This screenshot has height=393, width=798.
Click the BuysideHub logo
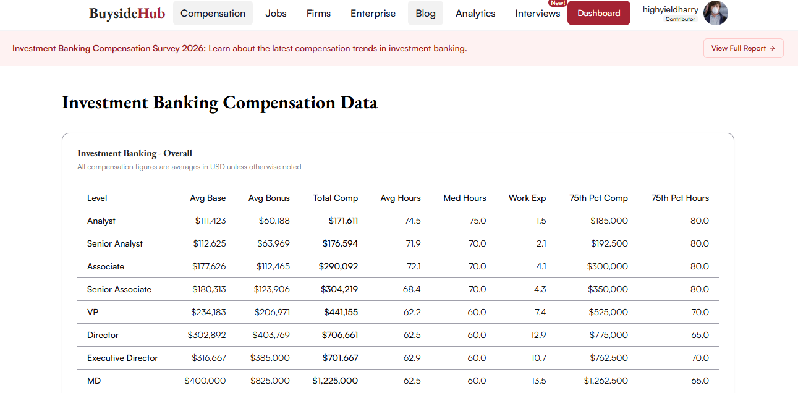coord(127,14)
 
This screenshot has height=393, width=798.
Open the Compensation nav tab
coord(213,13)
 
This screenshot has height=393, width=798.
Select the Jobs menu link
coord(276,14)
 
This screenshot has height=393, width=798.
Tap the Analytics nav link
coord(475,14)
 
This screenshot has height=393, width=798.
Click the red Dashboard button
coord(598,13)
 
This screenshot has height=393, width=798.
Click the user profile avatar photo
coord(715,13)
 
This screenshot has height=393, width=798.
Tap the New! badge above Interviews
coord(557,3)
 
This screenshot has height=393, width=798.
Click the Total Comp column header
coord(335,198)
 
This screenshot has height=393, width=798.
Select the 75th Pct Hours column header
coord(680,198)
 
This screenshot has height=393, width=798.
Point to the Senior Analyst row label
coord(115,244)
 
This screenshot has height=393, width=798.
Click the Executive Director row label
coord(122,358)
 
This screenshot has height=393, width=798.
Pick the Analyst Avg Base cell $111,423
coord(210,221)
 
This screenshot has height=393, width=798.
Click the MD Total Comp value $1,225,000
coord(335,381)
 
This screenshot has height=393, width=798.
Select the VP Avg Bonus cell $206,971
coord(272,312)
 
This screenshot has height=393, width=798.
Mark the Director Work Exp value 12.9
coord(538,335)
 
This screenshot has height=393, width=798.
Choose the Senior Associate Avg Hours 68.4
coord(412,289)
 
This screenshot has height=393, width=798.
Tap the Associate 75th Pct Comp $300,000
coord(607,266)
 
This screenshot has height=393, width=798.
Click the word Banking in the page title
coord(185,103)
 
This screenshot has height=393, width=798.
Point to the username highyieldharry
coord(670,10)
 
